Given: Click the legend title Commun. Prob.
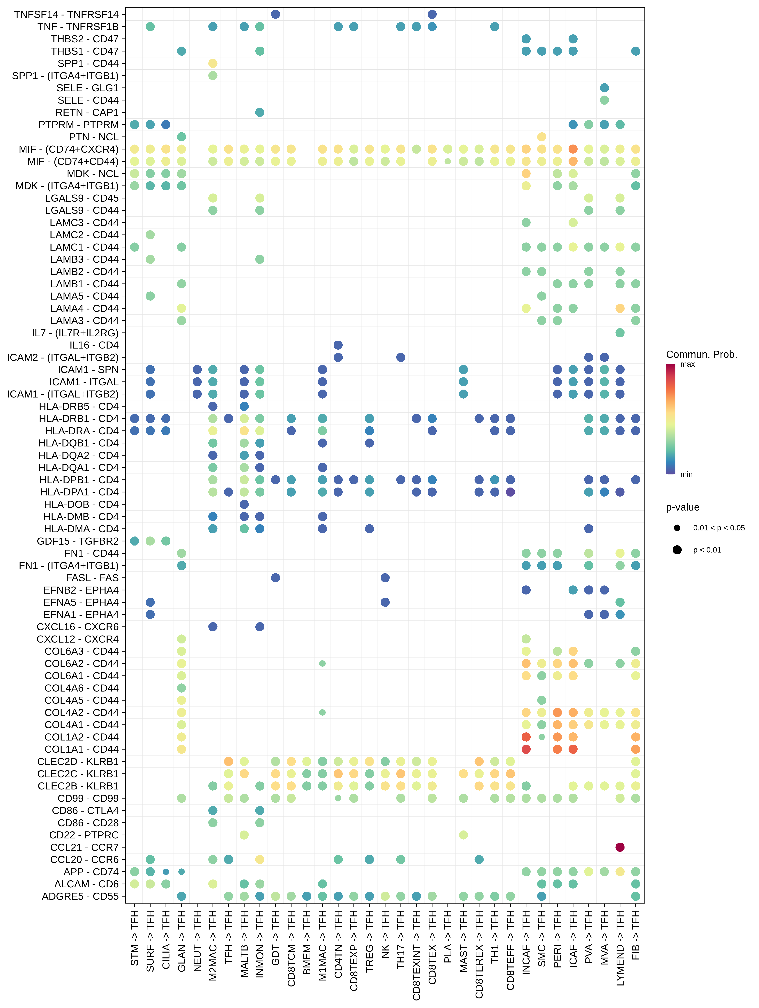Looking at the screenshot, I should click(x=701, y=355).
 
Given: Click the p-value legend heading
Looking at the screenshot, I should click(x=682, y=507).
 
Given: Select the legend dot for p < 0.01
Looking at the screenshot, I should click(x=677, y=550).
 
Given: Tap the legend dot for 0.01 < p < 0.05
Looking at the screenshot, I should click(x=677, y=528).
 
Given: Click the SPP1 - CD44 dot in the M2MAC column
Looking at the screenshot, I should click(x=213, y=63).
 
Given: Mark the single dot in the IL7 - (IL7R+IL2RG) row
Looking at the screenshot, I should click(x=620, y=333).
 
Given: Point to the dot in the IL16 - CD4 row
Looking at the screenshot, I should click(x=338, y=345).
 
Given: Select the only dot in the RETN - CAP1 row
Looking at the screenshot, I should click(x=259, y=112).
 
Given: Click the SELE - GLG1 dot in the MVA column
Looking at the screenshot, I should click(x=604, y=88).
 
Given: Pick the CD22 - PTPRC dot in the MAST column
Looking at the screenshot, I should click(x=463, y=835).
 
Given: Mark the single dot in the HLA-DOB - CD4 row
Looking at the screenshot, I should click(x=244, y=504).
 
